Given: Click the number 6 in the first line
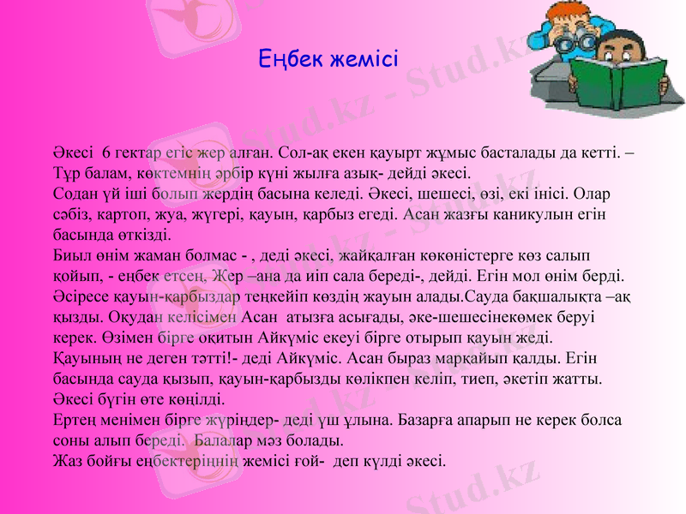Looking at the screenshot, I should pos(105,153).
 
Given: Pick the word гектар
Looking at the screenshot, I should pos(136,153).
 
